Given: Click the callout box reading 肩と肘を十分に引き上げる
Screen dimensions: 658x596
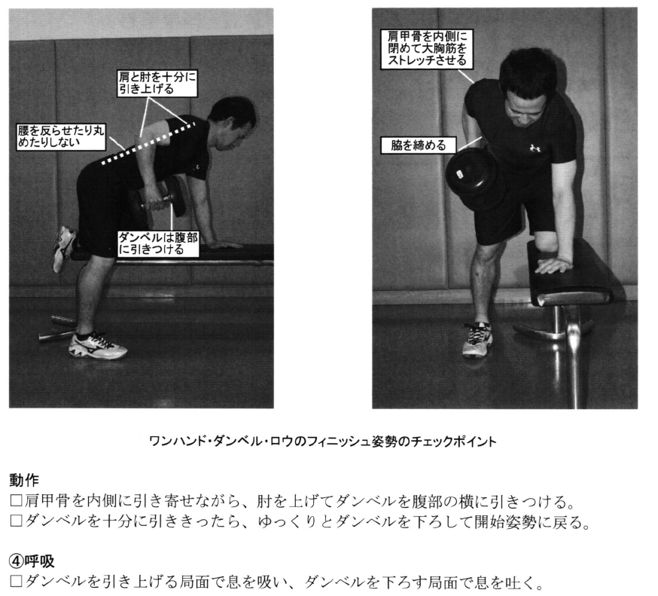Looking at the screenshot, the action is click(157, 83).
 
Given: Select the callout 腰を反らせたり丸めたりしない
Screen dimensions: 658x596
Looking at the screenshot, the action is click(61, 136).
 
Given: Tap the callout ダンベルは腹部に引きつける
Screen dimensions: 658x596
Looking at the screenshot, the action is click(158, 243).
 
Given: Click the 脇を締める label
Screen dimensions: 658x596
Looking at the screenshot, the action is click(419, 145).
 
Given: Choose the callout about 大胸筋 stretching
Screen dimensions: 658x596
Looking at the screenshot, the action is click(427, 49).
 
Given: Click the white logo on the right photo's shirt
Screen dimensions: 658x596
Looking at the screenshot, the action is click(535, 148).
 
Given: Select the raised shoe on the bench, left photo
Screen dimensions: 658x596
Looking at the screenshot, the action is click(63, 248).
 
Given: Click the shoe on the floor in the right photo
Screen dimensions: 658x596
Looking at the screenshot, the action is click(477, 339).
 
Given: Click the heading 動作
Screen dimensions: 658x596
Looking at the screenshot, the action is click(24, 480).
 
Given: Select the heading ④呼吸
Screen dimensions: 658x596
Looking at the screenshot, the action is click(32, 561).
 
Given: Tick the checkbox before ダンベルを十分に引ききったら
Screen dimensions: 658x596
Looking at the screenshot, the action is click(16, 521).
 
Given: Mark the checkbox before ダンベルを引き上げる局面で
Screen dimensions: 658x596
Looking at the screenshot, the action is click(16, 581).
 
